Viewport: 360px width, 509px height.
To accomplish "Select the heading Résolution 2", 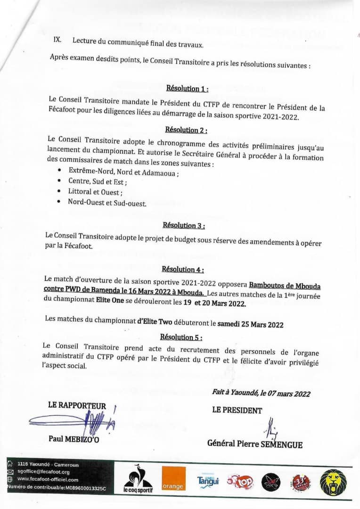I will point(186,130).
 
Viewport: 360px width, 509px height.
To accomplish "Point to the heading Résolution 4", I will point(183,269).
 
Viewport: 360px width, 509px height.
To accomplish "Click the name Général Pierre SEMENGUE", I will point(255,443).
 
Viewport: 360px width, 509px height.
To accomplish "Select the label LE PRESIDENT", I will point(237,410).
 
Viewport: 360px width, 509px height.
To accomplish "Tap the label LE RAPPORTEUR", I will point(77,405).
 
